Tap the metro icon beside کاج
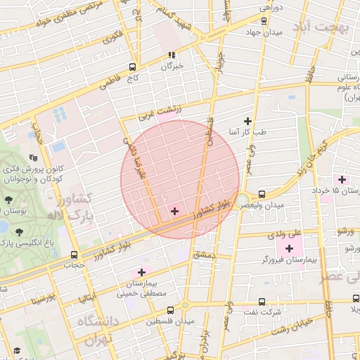(133, 67)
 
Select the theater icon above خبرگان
(171, 54)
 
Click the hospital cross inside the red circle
(174, 211)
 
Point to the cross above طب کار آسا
(247, 121)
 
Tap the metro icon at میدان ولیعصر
(262, 193)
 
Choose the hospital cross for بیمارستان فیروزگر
(289, 248)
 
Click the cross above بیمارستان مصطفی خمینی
(141, 272)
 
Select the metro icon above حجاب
(74, 255)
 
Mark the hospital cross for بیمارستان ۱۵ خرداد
(342, 179)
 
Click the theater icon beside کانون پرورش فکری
(33, 159)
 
